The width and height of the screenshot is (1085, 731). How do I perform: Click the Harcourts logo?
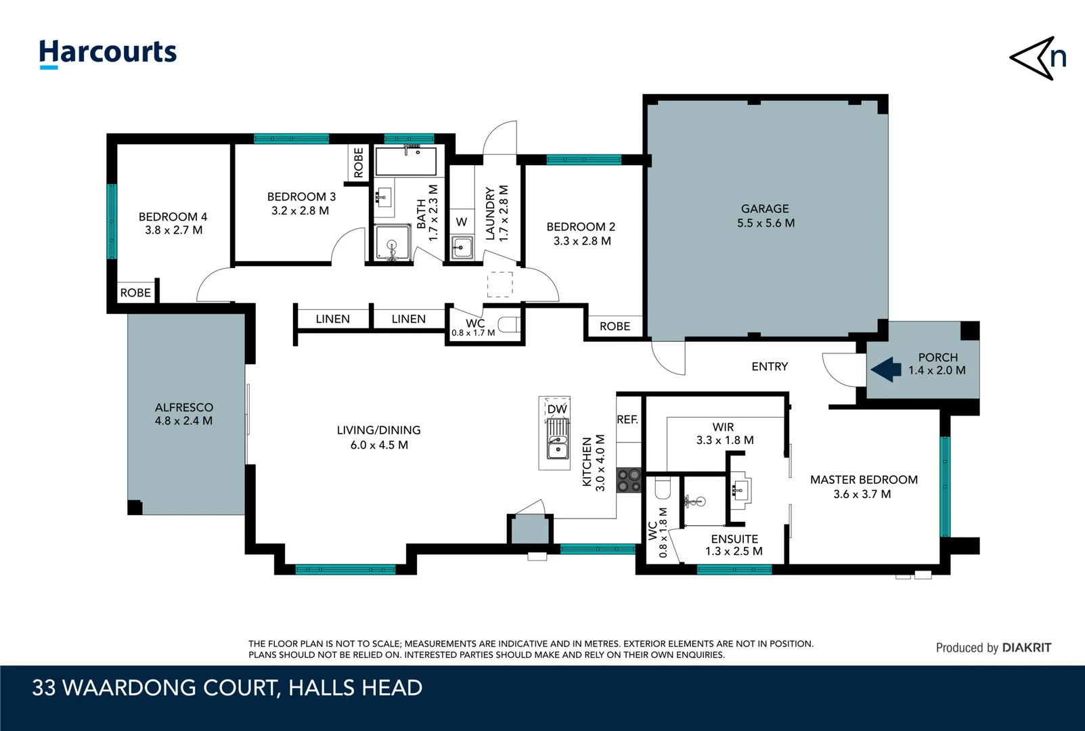point(108,53)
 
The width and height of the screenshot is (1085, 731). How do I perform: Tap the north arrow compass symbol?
point(1038,58)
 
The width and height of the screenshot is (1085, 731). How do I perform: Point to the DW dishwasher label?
point(556,409)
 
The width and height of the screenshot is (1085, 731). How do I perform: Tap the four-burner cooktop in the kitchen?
point(629,481)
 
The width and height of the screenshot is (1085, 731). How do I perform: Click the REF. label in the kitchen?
point(627,420)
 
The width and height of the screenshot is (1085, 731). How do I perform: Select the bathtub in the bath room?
point(405,162)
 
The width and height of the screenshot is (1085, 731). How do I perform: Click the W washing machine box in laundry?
point(462,222)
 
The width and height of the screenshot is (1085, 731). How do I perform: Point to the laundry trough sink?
point(462,247)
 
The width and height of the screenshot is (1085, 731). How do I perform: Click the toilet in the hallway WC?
point(509,325)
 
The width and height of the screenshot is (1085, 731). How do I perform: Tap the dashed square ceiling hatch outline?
point(500,285)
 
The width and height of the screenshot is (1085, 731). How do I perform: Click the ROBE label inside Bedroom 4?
point(135,293)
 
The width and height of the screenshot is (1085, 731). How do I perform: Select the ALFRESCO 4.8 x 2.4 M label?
point(183,414)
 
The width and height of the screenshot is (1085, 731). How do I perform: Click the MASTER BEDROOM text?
point(864,480)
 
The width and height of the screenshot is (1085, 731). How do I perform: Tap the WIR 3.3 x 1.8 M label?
point(724,433)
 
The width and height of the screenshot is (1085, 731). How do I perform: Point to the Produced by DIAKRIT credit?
point(993,648)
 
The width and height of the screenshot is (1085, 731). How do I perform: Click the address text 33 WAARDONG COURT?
point(156,688)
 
